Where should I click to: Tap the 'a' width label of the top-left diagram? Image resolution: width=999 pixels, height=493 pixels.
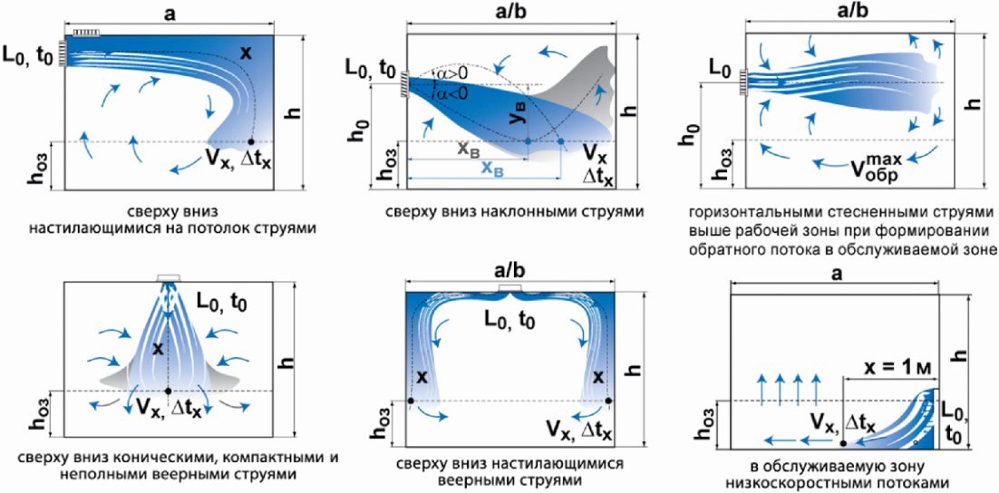[x=169, y=13]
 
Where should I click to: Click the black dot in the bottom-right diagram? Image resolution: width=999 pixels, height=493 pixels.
[x=843, y=442]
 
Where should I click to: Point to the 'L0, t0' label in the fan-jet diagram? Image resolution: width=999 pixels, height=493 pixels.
[x=514, y=319]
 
